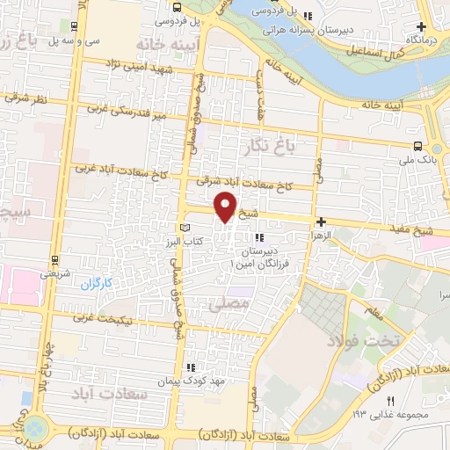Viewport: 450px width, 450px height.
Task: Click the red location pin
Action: click(x=227, y=207)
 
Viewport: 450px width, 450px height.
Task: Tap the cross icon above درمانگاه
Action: click(x=422, y=27)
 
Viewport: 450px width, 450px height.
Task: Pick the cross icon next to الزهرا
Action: click(x=322, y=221)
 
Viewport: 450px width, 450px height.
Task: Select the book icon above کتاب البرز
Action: click(x=184, y=228)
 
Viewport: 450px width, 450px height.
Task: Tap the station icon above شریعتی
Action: click(x=54, y=260)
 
